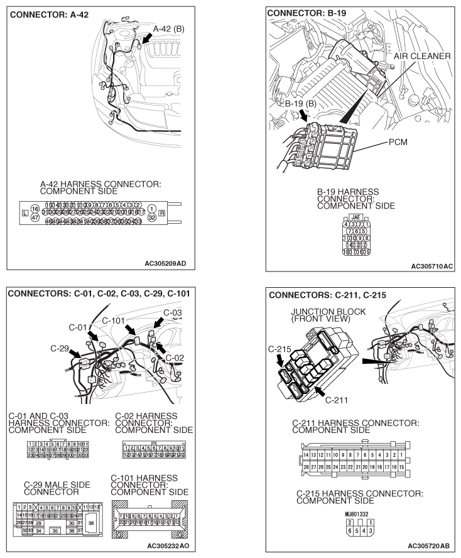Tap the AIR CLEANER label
pyautogui.click(x=421, y=56)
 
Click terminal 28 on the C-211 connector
pyautogui.click(x=306, y=468)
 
